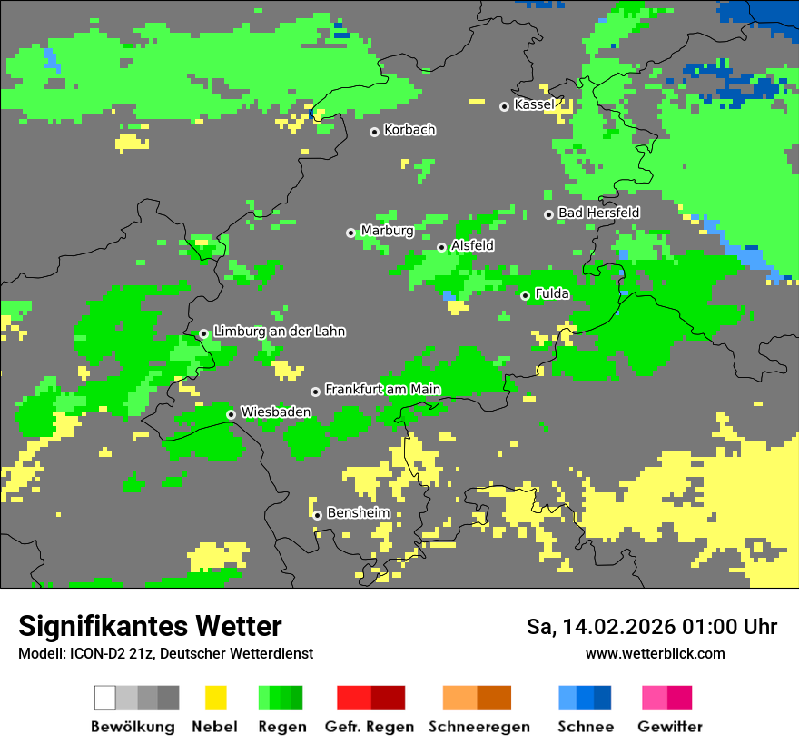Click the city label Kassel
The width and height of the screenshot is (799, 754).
[x=534, y=104]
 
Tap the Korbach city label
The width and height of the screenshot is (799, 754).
[x=409, y=130]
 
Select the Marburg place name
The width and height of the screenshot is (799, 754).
[x=387, y=231]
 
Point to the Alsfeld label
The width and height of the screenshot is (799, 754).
[x=472, y=245]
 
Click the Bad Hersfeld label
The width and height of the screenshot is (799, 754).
[x=598, y=213]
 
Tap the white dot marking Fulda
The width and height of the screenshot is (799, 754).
[x=525, y=295]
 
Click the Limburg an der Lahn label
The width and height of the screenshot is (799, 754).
[x=279, y=332]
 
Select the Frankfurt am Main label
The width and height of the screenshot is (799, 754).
[x=382, y=390]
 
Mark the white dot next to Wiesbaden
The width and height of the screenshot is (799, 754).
[x=232, y=414]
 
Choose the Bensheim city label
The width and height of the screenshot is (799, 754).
[x=358, y=513]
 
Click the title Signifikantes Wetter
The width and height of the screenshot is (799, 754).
[x=150, y=626]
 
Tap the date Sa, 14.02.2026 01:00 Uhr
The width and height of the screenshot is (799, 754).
[x=651, y=627]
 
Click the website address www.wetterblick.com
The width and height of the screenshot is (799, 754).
[x=655, y=653]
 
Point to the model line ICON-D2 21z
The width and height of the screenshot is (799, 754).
[x=165, y=653]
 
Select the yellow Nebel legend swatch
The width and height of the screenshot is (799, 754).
[x=215, y=698]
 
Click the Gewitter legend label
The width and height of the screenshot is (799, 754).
[x=669, y=727]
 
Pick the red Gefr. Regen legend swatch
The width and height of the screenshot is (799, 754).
[x=354, y=698]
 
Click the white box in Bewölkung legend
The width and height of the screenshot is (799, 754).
[x=105, y=698]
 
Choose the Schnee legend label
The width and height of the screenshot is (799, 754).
[x=585, y=727]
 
